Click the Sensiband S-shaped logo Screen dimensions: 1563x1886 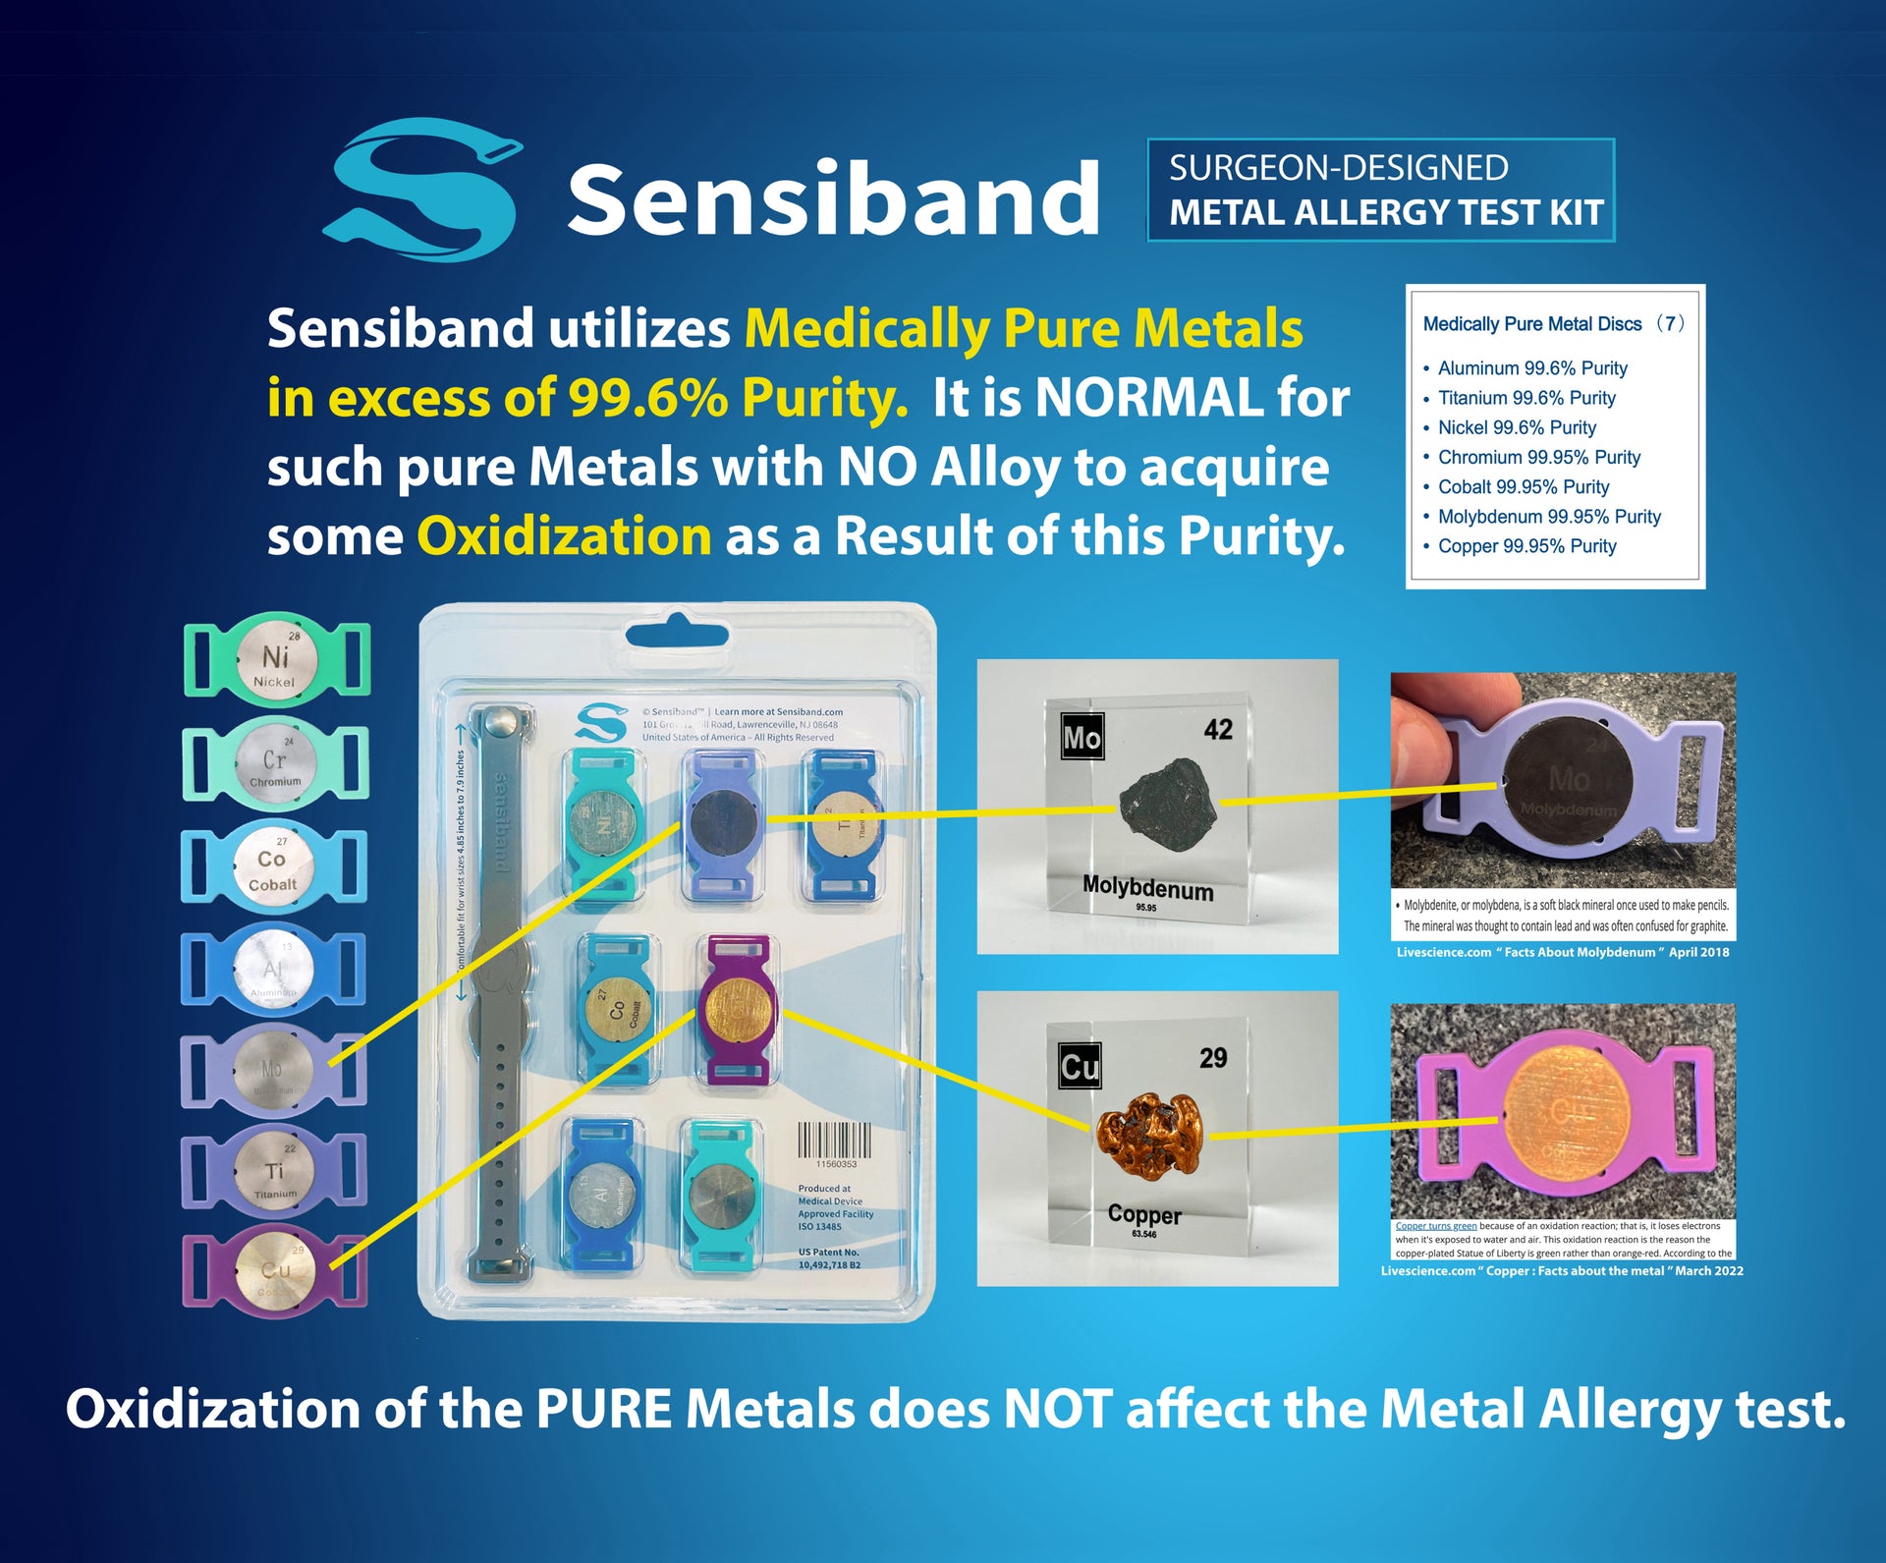[422, 191]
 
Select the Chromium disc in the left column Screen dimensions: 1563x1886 [276, 760]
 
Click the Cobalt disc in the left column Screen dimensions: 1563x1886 [273, 865]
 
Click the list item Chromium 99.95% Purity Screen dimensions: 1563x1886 [1538, 458]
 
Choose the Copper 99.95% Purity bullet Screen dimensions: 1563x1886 [1526, 546]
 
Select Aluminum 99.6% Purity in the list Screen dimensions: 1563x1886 [1532, 368]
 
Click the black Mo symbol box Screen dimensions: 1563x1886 [1082, 737]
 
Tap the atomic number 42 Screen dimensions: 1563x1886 [1218, 729]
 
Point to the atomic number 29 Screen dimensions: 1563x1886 [1213, 1058]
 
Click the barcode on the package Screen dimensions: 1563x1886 [833, 1140]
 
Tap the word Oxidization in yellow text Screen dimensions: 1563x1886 [565, 536]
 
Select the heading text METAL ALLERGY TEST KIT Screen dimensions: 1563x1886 [1386, 213]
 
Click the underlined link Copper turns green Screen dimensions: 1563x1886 [1436, 1226]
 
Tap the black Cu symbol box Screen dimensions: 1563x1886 [1080, 1066]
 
